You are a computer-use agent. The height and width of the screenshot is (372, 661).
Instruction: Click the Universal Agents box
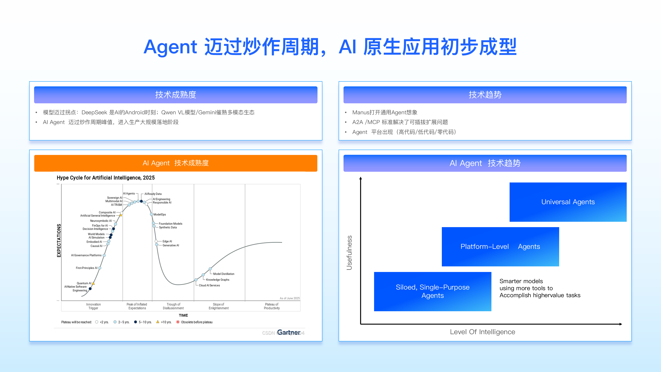pyautogui.click(x=568, y=202)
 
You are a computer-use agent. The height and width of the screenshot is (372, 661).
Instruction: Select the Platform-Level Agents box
pyautogui.click(x=500, y=247)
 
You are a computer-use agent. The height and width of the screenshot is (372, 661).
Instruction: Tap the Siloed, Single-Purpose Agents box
pyautogui.click(x=432, y=291)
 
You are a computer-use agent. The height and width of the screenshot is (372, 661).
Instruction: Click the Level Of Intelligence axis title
pyautogui.click(x=482, y=332)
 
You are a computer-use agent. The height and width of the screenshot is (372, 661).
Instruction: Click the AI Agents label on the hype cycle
pyautogui.click(x=129, y=194)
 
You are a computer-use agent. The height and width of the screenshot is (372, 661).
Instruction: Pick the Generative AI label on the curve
pyautogui.click(x=171, y=246)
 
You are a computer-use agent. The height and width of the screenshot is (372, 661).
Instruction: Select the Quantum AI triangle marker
pyautogui.click(x=93, y=283)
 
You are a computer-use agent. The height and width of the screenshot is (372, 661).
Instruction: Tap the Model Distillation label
pyautogui.click(x=224, y=274)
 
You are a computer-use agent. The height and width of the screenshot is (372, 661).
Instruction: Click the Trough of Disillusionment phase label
pyautogui.click(x=173, y=306)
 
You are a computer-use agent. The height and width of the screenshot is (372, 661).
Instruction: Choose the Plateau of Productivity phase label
pyautogui.click(x=271, y=306)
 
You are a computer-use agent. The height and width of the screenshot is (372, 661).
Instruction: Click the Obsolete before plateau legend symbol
pyautogui.click(x=178, y=322)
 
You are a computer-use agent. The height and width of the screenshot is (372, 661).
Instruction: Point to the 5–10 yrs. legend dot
pyautogui.click(x=136, y=322)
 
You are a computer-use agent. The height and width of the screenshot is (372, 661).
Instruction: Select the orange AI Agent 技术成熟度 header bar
pyautogui.click(x=176, y=163)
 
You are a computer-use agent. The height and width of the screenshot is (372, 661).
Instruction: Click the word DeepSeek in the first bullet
pyautogui.click(x=94, y=112)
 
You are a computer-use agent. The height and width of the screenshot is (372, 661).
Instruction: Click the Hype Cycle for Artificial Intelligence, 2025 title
pyautogui.click(x=106, y=178)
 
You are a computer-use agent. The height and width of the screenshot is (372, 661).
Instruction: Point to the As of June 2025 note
pyautogui.click(x=289, y=298)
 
